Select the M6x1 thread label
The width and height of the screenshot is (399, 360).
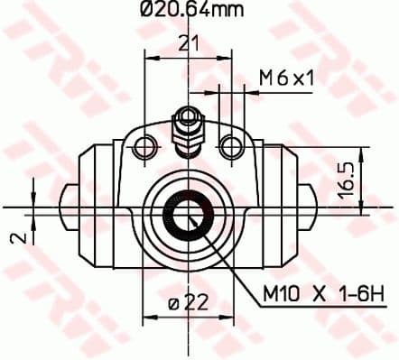(x=285, y=79)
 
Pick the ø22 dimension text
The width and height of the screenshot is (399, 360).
(x=187, y=305)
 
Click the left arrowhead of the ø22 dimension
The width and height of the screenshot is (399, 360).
(x=149, y=305)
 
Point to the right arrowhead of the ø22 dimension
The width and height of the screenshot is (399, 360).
(x=225, y=305)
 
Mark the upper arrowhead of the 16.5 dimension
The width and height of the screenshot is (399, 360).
(x=360, y=152)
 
